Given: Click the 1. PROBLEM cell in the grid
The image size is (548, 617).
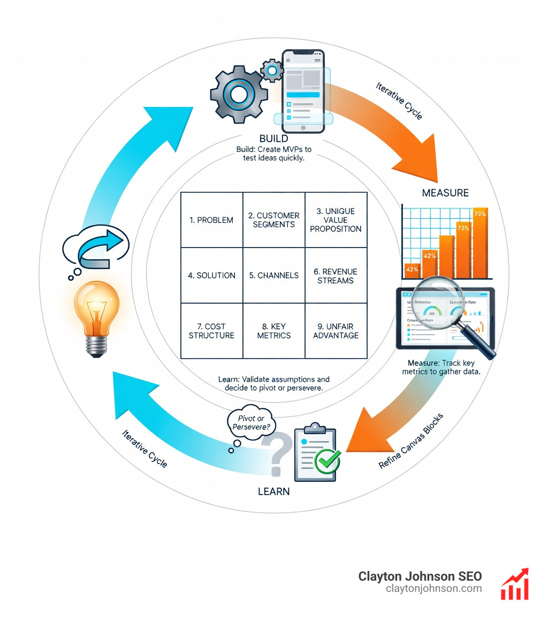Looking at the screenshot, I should [x=211, y=220].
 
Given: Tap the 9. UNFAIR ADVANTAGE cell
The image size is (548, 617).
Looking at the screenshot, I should [x=336, y=331].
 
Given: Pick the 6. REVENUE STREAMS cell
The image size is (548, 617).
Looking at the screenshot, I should [x=336, y=276].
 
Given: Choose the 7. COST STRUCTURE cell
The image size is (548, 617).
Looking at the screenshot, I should [x=211, y=331].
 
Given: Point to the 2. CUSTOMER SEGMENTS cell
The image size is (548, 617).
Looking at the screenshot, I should [x=273, y=220].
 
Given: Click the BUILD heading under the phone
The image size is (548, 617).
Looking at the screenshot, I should [x=273, y=139].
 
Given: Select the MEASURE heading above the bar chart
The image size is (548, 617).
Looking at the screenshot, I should [x=445, y=192].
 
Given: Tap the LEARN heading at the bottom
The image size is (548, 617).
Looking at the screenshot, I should [x=273, y=491].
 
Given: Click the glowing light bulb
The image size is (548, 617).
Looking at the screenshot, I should [x=97, y=313].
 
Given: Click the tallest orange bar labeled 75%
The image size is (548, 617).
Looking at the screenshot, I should [x=480, y=243].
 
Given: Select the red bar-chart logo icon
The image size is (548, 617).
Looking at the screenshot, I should [x=514, y=584].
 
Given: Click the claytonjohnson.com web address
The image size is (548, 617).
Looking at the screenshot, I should [x=433, y=589].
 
